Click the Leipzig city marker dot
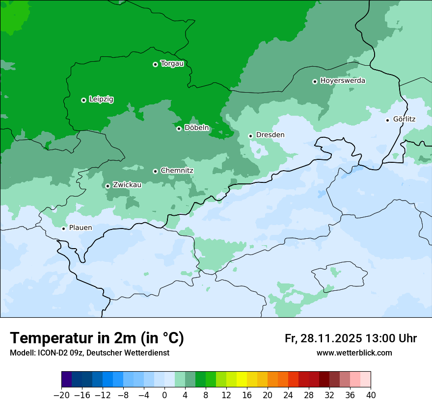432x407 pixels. tap(83, 100)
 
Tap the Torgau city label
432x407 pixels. tap(172, 64)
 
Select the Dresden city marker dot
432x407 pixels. tap(250, 136)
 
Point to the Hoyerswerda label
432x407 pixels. tap(343, 80)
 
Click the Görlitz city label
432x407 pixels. tap(404, 119)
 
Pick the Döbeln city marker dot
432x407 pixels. tap(179, 128)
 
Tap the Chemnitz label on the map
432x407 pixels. tap(177, 171)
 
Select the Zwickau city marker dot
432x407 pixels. tap(108, 186)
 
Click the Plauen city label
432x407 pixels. tap(80, 228)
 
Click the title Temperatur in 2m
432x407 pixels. tap(97, 338)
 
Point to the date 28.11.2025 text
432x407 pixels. tap(330, 338)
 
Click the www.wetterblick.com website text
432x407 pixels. tap(354, 353)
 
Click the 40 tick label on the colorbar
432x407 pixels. tap(371, 395)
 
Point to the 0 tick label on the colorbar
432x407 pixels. tap(164, 395)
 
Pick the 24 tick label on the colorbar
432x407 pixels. tap(288, 395)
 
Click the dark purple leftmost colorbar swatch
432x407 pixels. tap(67, 380)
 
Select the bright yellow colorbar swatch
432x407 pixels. tap(242, 380)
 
